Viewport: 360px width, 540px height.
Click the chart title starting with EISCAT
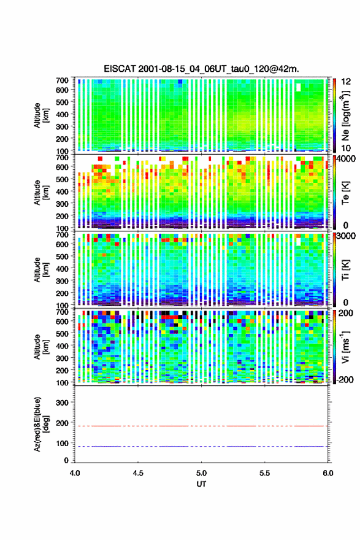(x=201, y=69)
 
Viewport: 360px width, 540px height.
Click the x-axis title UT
(x=201, y=484)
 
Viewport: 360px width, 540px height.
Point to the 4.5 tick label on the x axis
(x=138, y=473)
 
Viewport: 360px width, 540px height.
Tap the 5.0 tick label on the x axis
(x=201, y=473)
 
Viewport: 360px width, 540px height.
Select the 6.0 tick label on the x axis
(x=327, y=473)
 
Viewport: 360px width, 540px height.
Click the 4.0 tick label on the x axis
(x=75, y=473)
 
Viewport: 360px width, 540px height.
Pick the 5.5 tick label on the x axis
(x=265, y=473)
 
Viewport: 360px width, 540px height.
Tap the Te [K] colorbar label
(x=345, y=193)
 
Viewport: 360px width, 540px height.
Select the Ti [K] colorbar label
(x=345, y=269)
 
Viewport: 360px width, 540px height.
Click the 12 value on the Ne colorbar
(x=346, y=82)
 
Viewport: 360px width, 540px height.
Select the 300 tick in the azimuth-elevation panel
(x=62, y=403)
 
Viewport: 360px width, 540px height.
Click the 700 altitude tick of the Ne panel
(x=62, y=80)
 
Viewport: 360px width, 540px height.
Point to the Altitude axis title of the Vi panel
(x=41, y=347)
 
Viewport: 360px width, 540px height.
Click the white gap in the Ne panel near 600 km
(x=299, y=87)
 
